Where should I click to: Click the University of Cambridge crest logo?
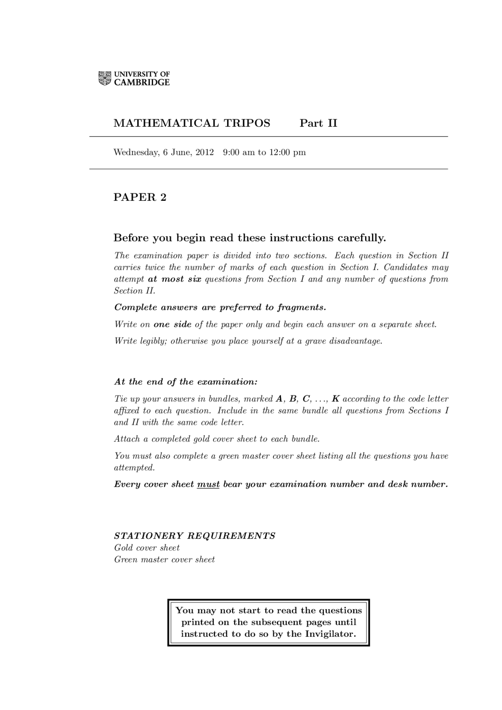pos(105,78)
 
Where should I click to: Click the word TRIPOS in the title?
pos(247,123)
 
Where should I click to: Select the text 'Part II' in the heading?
pos(318,123)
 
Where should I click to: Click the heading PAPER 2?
pos(140,197)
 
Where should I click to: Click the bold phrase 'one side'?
pos(173,325)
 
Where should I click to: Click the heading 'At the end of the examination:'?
pos(186,382)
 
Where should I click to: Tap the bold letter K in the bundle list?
pos(335,399)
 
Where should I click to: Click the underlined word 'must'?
pos(208,485)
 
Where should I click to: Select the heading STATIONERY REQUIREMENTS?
pos(195,536)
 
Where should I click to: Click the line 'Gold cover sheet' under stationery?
pos(147,548)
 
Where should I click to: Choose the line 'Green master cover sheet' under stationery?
pos(164,559)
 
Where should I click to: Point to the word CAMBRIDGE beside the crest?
pos(142,82)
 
